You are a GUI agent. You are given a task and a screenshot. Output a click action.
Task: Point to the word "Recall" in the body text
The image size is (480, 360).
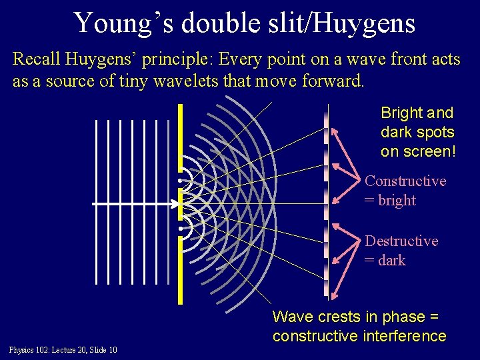38,59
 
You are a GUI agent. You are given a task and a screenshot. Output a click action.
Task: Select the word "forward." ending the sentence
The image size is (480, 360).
327,81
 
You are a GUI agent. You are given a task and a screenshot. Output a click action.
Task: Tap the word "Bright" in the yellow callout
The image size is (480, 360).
400,113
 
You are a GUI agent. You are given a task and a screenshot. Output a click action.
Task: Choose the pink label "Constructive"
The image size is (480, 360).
405,181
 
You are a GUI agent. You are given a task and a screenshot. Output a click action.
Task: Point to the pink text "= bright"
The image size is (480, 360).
390,200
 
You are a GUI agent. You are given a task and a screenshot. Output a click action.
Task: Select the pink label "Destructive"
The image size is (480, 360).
401,241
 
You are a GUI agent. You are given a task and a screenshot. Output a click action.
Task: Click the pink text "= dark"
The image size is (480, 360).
385,260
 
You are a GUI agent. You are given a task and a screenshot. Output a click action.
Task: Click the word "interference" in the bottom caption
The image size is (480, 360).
406,336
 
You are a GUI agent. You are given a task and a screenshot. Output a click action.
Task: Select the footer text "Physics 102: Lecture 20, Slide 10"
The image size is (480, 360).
63,350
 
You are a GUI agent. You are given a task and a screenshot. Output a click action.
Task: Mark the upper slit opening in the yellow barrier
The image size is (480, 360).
180,180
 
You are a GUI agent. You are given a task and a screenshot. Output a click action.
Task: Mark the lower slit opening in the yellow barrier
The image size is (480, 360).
180,229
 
